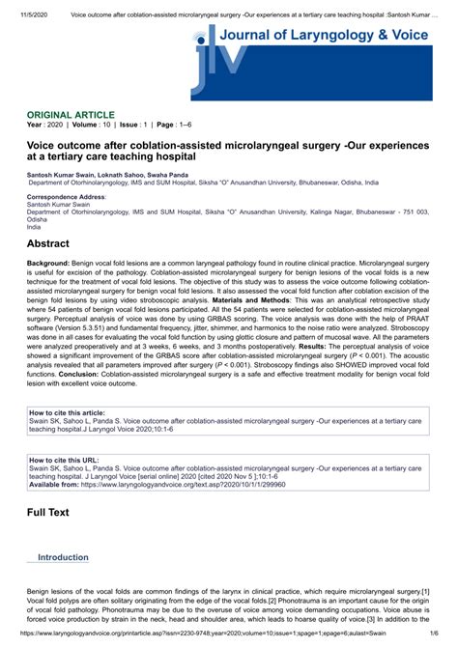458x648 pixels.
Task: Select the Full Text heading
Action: click(x=47, y=512)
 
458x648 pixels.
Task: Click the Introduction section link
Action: click(x=63, y=557)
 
